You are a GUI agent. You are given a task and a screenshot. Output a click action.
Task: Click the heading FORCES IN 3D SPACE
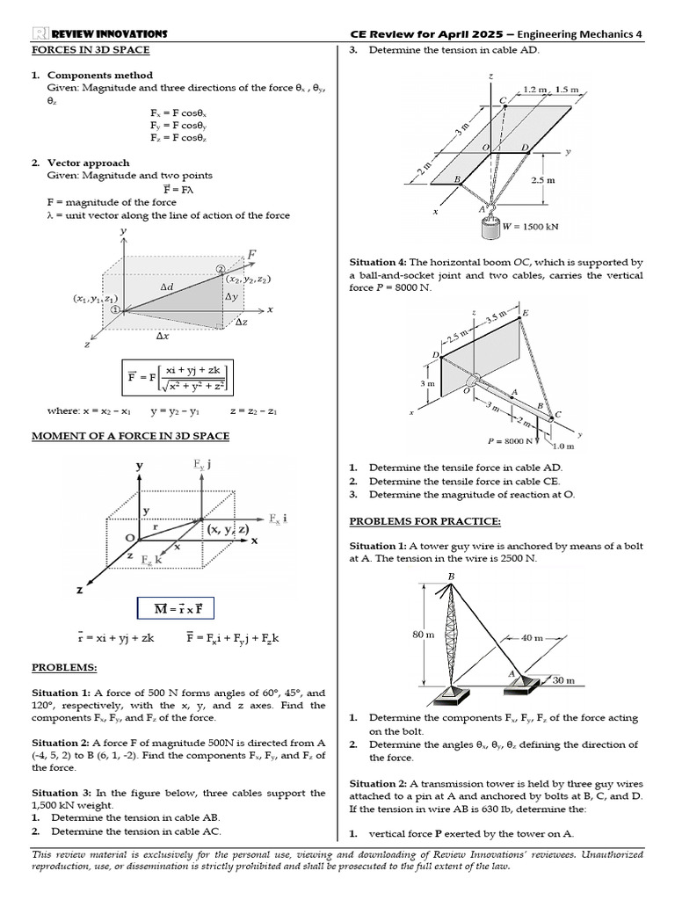pyautogui.click(x=91, y=50)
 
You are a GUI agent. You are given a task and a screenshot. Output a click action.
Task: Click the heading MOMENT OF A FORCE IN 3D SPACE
pyautogui.click(x=131, y=436)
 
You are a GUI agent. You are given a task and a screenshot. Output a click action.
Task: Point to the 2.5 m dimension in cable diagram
pyautogui.click(x=544, y=180)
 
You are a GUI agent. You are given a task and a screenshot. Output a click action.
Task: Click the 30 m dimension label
pyautogui.click(x=562, y=680)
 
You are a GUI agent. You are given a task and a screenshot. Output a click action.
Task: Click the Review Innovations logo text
pyautogui.click(x=99, y=33)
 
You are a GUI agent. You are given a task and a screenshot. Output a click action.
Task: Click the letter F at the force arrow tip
pyautogui.click(x=252, y=255)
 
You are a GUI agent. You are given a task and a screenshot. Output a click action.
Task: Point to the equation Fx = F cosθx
pyautogui.click(x=178, y=113)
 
